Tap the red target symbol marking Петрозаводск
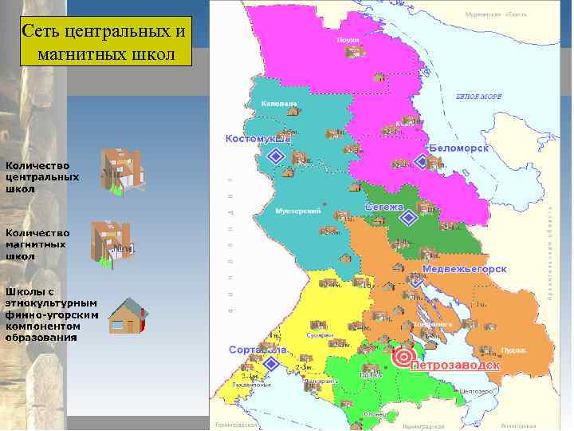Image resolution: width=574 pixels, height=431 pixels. pyautogui.click(x=403, y=358)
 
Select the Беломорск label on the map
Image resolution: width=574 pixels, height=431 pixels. pyautogui.click(x=458, y=148)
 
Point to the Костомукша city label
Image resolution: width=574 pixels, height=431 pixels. pyautogui.click(x=258, y=138)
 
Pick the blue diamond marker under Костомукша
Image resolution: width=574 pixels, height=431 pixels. pyautogui.click(x=276, y=158)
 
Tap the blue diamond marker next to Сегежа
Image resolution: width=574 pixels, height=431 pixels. pyautogui.click(x=408, y=217)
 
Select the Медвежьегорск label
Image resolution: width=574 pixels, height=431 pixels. pyautogui.click(x=465, y=269)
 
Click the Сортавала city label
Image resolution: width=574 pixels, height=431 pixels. pyautogui.click(x=257, y=350)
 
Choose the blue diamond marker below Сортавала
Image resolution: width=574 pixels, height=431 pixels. pyautogui.click(x=270, y=364)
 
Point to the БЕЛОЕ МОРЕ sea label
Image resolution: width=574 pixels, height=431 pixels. pyautogui.click(x=478, y=96)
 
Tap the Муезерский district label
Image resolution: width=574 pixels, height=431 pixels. pyautogui.click(x=297, y=211)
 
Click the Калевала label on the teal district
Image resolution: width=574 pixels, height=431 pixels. pyautogui.click(x=279, y=104)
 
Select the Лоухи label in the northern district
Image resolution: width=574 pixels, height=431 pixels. pyautogui.click(x=349, y=38)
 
